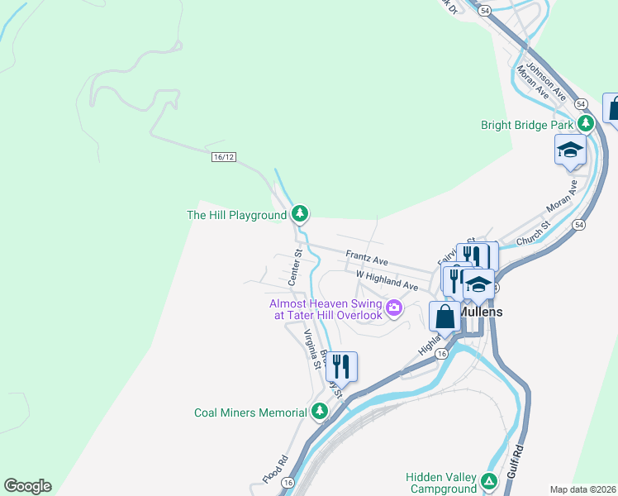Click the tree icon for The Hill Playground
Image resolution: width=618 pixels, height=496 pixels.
tap(301, 215)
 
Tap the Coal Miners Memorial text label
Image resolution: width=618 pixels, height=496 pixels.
tap(251, 412)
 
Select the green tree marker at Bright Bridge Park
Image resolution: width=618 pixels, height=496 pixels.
tap(586, 124)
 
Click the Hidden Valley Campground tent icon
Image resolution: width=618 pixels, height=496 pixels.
tap(488, 480)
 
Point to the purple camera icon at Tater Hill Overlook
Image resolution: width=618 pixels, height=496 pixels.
tap(394, 308)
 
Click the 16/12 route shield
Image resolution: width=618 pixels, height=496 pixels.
tap(224, 157)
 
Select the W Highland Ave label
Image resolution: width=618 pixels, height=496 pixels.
tap(387, 279)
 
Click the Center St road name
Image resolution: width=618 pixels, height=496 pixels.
tap(295, 267)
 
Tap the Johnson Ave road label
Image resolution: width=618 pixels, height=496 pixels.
tap(546, 80)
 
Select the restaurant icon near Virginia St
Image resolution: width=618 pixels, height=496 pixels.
tap(340, 366)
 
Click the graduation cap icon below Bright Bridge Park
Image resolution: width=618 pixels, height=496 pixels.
tap(570, 150)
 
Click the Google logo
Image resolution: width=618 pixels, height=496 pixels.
tap(27, 486)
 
